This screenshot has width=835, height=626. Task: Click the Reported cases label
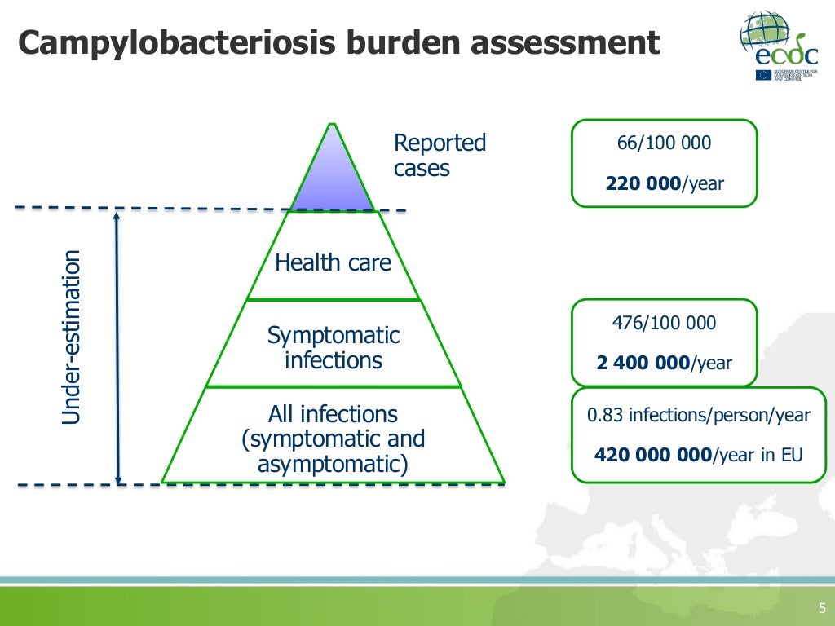[440, 156]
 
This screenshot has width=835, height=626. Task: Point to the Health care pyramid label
[333, 262]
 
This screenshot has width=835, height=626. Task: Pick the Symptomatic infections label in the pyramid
[334, 347]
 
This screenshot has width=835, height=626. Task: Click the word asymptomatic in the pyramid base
[333, 465]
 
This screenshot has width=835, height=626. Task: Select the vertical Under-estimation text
[73, 337]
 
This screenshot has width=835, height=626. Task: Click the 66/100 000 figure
[664, 143]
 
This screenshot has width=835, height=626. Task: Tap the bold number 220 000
[643, 184]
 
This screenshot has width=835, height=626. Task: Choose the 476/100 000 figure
[664, 323]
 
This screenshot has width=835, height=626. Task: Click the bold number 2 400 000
[643, 363]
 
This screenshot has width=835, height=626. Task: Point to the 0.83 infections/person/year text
[699, 415]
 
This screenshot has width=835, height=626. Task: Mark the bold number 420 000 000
[653, 455]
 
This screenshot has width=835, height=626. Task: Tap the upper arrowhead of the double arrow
[118, 216]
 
